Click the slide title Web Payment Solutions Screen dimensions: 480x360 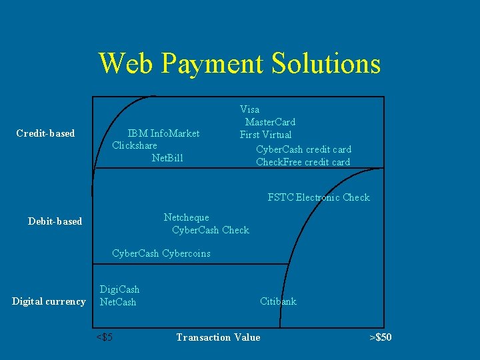pyautogui.click(x=239, y=63)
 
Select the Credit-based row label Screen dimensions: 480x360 pyautogui.click(x=45, y=133)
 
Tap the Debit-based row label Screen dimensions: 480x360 pyautogui.click(x=55, y=221)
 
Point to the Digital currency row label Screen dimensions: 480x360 pyautogui.click(x=49, y=301)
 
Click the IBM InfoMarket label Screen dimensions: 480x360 pyautogui.click(x=163, y=133)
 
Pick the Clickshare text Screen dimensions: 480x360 pyautogui.click(x=135, y=145)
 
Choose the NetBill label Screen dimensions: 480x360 pyautogui.click(x=167, y=158)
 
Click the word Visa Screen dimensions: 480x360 pyautogui.click(x=250, y=109)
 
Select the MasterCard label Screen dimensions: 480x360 pyautogui.click(x=270, y=122)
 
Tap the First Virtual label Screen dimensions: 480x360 pyautogui.click(x=265, y=135)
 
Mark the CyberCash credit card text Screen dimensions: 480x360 pyautogui.click(x=303, y=149)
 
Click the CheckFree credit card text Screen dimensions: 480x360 pyautogui.click(x=303, y=162)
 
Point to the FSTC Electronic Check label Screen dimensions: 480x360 pyautogui.click(x=319, y=197)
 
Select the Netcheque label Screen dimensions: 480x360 pyautogui.click(x=187, y=217)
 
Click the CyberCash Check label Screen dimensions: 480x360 pyautogui.click(x=210, y=230)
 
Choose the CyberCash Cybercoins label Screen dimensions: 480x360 pyautogui.click(x=161, y=253)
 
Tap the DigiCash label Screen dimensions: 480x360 pyautogui.click(x=119, y=289)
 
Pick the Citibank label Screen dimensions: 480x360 pyautogui.click(x=278, y=301)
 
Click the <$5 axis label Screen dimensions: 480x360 pyautogui.click(x=104, y=337)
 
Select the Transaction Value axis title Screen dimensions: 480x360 pyautogui.click(x=218, y=337)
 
